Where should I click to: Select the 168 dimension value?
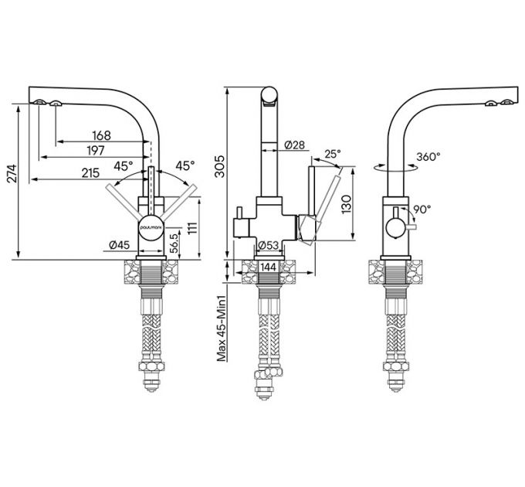[100, 135]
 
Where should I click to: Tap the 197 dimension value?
[97, 150]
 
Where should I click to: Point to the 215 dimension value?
[90, 174]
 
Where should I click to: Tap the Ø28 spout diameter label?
[294, 145]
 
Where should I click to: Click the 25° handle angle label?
[333, 153]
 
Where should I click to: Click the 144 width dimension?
[269, 267]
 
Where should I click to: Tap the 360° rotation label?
[428, 155]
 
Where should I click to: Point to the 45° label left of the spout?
[124, 165]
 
